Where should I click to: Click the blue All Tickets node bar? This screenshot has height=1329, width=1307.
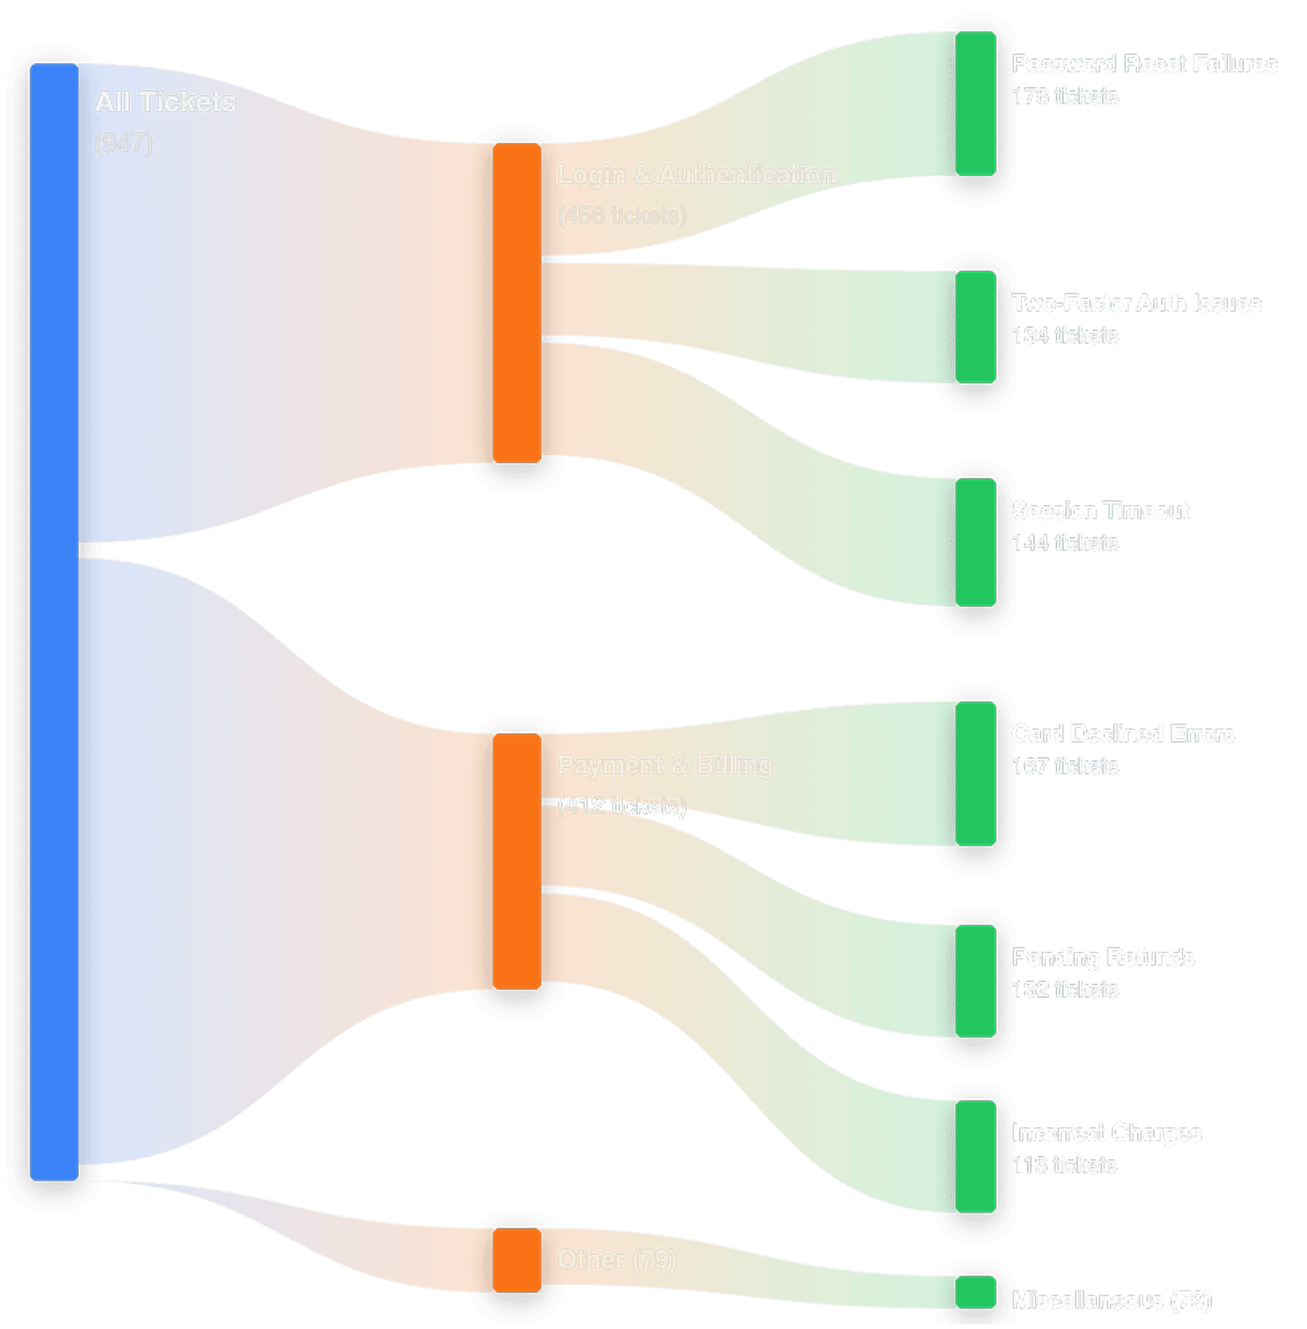(53, 622)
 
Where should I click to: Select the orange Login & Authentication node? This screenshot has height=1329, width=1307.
(516, 303)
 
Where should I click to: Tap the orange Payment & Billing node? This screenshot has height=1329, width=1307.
(516, 862)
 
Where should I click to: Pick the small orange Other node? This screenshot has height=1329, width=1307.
(516, 1260)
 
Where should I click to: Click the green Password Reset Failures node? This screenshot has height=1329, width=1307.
(975, 104)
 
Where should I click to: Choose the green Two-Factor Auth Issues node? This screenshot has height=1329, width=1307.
(975, 327)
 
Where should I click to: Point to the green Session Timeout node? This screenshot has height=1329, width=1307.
(975, 542)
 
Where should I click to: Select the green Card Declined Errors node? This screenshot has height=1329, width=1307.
(975, 774)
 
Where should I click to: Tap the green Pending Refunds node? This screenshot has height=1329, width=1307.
(975, 981)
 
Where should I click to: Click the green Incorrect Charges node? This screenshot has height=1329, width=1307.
(975, 1157)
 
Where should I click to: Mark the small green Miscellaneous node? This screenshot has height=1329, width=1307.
(975, 1292)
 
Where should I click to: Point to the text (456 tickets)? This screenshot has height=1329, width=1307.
(622, 215)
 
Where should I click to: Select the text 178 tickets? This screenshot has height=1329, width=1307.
(1064, 97)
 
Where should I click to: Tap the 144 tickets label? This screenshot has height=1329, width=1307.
(1064, 543)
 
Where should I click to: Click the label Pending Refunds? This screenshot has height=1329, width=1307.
(1103, 957)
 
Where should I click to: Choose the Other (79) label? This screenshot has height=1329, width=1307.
(617, 1260)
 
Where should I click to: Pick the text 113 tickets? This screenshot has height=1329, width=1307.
(1064, 1165)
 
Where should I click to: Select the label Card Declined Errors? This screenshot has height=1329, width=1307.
(1123, 734)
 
